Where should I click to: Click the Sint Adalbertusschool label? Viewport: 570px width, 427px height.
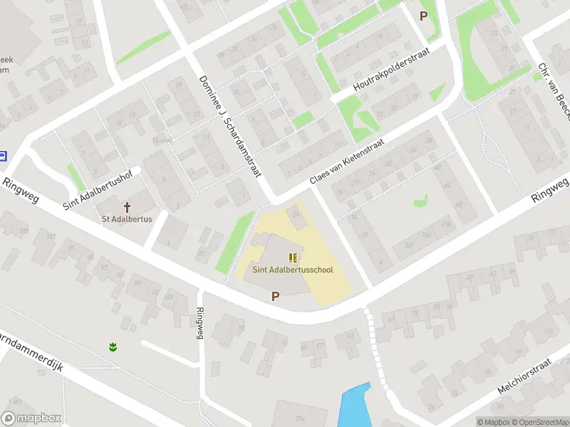292,270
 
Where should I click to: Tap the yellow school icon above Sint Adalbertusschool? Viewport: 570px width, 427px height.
292,257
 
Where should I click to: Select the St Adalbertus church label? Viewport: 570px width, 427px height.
128,218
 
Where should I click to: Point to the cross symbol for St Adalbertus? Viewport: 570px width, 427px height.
128,207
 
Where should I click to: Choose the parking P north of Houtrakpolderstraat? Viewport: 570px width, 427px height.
424,16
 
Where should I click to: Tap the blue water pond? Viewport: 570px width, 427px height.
354,406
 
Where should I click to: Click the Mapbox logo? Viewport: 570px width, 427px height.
31,418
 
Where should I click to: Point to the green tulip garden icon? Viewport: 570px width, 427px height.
112,347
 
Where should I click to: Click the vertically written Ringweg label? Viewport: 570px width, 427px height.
200,323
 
